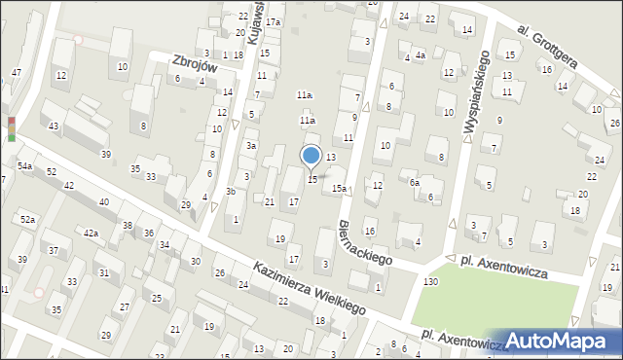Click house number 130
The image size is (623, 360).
tap(430, 281)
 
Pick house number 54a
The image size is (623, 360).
tap(24, 167)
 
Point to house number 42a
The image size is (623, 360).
tap(91, 233)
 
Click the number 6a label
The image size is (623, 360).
tap(414, 182)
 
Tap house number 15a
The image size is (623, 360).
tap(339, 188)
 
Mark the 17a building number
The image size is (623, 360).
tap(274, 21)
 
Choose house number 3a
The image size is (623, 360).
tap(250, 145)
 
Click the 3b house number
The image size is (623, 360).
tap(231, 191)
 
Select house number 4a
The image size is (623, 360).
tap(421, 55)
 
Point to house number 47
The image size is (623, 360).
tap(17, 73)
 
